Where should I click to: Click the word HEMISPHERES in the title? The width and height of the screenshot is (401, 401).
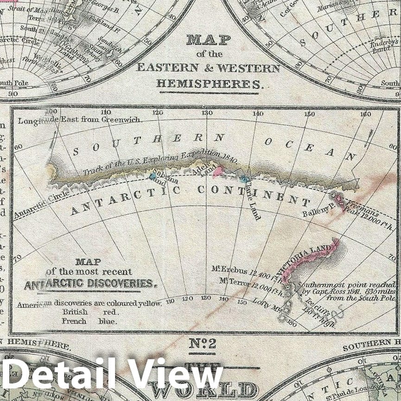pyautogui.click(x=209, y=84)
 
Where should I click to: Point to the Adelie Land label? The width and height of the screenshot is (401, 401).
pyautogui.click(x=204, y=170)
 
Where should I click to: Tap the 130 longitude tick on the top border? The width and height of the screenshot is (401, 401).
pyautogui.click(x=207, y=113)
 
